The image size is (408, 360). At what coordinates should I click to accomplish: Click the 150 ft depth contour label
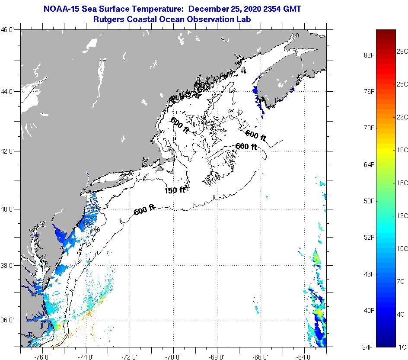(175, 190)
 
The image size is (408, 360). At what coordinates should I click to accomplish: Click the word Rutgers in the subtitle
(108, 19)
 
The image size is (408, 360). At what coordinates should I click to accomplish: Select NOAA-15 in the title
(60, 9)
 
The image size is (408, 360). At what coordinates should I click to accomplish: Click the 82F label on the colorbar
(368, 55)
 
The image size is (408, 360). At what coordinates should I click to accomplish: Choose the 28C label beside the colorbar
(402, 51)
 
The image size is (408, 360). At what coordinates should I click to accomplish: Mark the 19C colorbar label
(402, 150)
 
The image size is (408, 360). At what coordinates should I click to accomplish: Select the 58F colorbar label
(368, 201)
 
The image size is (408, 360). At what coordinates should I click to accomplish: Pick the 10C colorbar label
(402, 248)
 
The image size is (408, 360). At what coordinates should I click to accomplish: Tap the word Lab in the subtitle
(245, 19)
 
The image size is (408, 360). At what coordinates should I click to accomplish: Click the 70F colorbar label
(368, 128)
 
